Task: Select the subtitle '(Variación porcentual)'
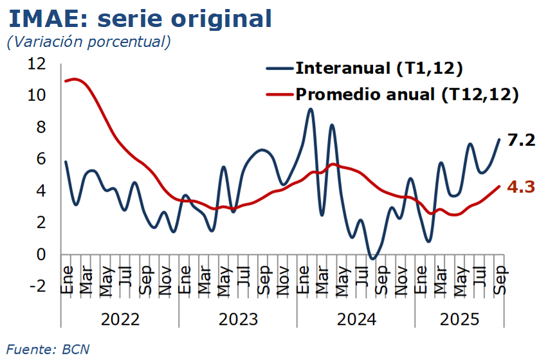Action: pos(88,42)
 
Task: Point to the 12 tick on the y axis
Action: pos(37,64)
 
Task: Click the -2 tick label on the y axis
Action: pos(37,286)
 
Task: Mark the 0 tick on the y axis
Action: pos(41,255)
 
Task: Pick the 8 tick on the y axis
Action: pos(41,127)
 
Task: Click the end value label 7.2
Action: pos(521,139)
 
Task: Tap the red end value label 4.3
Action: pos(521,187)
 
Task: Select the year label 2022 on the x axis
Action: pos(120,319)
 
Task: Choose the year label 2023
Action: pos(238,319)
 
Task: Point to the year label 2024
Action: pos(356,319)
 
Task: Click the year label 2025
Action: pos(459,319)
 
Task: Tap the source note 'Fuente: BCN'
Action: pos(48,350)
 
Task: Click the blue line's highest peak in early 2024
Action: pos(311,109)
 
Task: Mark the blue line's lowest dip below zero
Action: pos(372,258)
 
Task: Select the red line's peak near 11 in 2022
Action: pos(75,79)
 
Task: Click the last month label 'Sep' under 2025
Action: pos(500,280)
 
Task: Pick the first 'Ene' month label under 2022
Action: pos(66,280)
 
